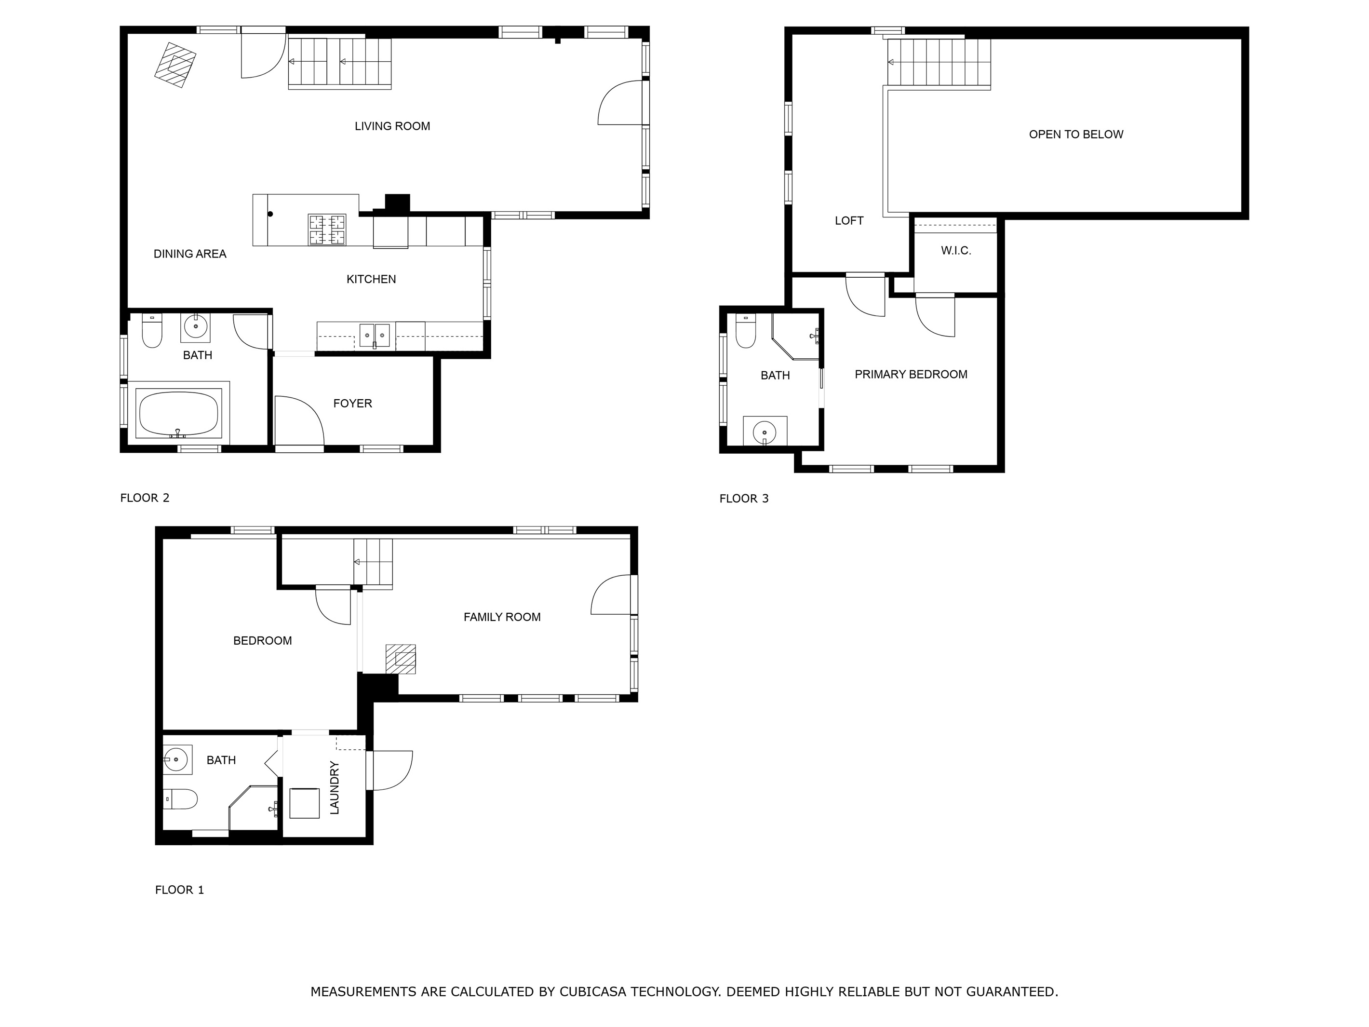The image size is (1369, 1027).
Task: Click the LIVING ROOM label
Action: pos(392,126)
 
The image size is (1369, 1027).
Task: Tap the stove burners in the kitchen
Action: pos(327,230)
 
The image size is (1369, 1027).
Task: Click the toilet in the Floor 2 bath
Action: pos(152,331)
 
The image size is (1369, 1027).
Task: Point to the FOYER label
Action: pos(352,404)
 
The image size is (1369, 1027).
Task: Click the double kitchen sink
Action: pos(375,335)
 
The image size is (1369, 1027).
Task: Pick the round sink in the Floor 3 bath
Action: pos(765,432)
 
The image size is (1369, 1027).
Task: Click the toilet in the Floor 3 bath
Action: pos(746,331)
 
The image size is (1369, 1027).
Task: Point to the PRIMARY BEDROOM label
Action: pos(911,375)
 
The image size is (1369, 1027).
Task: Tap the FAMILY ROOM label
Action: pos(502,617)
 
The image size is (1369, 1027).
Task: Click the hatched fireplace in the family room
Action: pos(401,659)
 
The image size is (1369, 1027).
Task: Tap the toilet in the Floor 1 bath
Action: pos(180,799)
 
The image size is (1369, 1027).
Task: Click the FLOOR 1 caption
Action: pos(179,890)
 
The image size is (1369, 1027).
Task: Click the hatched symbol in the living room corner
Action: pos(175,65)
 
